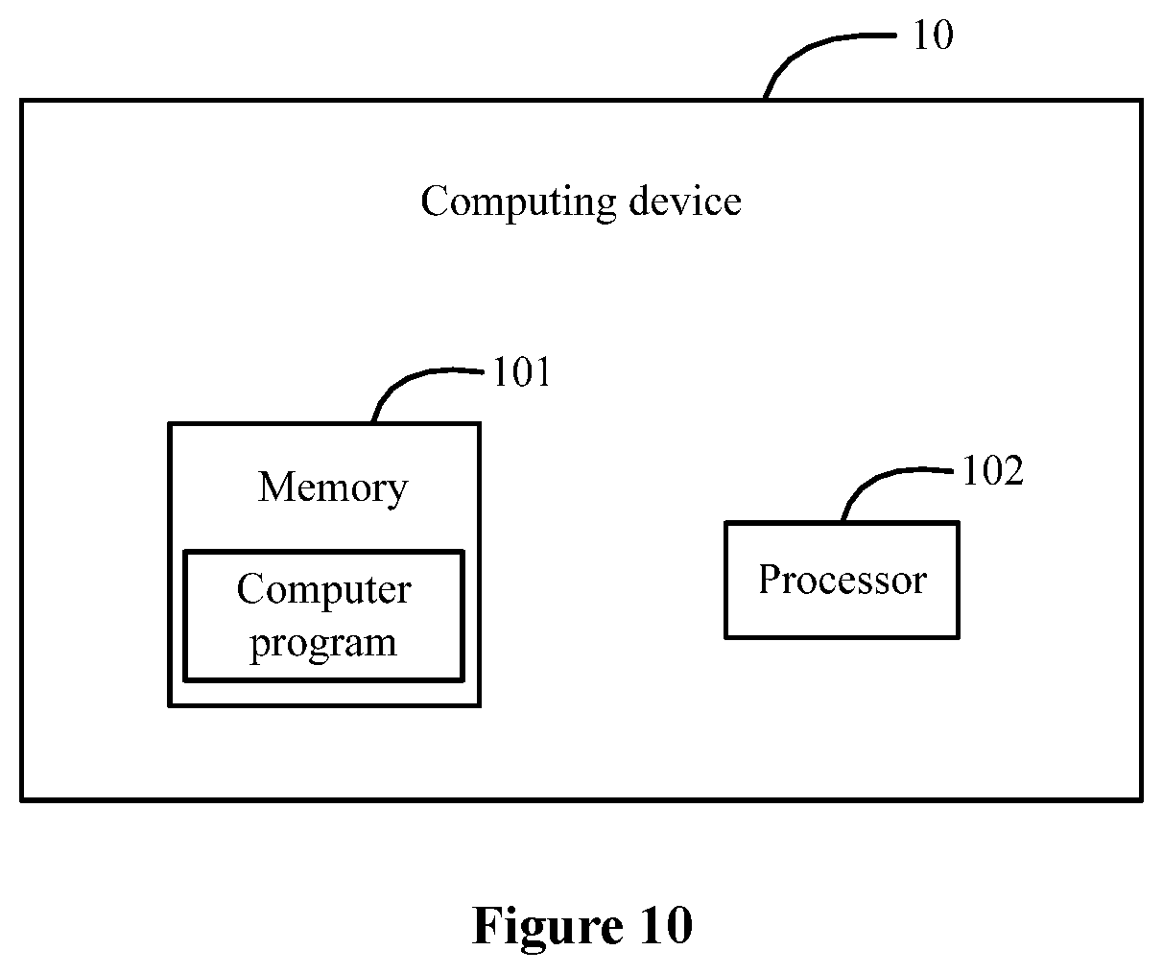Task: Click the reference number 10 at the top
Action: pyautogui.click(x=934, y=36)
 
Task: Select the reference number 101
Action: pyautogui.click(x=522, y=371)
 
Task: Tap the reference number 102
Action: pyautogui.click(x=993, y=470)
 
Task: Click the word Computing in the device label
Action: pyautogui.click(x=518, y=202)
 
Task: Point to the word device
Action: pyautogui.click(x=685, y=200)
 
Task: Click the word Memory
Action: pyautogui.click(x=333, y=488)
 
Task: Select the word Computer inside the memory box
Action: pyautogui.click(x=324, y=589)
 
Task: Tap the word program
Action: pyautogui.click(x=323, y=645)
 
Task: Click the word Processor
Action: pyautogui.click(x=843, y=580)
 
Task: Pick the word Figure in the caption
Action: pyautogui.click(x=548, y=926)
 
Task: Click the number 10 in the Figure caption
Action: pyautogui.click(x=666, y=925)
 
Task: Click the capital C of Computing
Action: pyautogui.click(x=436, y=201)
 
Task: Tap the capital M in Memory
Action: pyautogui.click(x=277, y=487)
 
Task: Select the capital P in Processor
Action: pyautogui.click(x=771, y=579)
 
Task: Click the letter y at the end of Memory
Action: pyautogui.click(x=396, y=492)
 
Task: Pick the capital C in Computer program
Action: pyautogui.click(x=251, y=589)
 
